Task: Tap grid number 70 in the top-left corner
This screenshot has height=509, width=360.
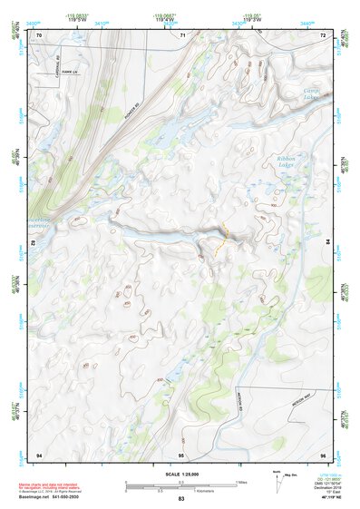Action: tap(39, 35)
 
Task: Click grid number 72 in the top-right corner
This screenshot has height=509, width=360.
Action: tap(323, 35)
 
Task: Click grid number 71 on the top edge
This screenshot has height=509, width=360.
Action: tap(182, 35)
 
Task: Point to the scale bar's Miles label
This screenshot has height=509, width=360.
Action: tap(240, 481)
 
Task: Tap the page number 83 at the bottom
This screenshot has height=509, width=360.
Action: tap(180, 499)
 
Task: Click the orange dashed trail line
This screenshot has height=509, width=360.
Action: tap(222, 238)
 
